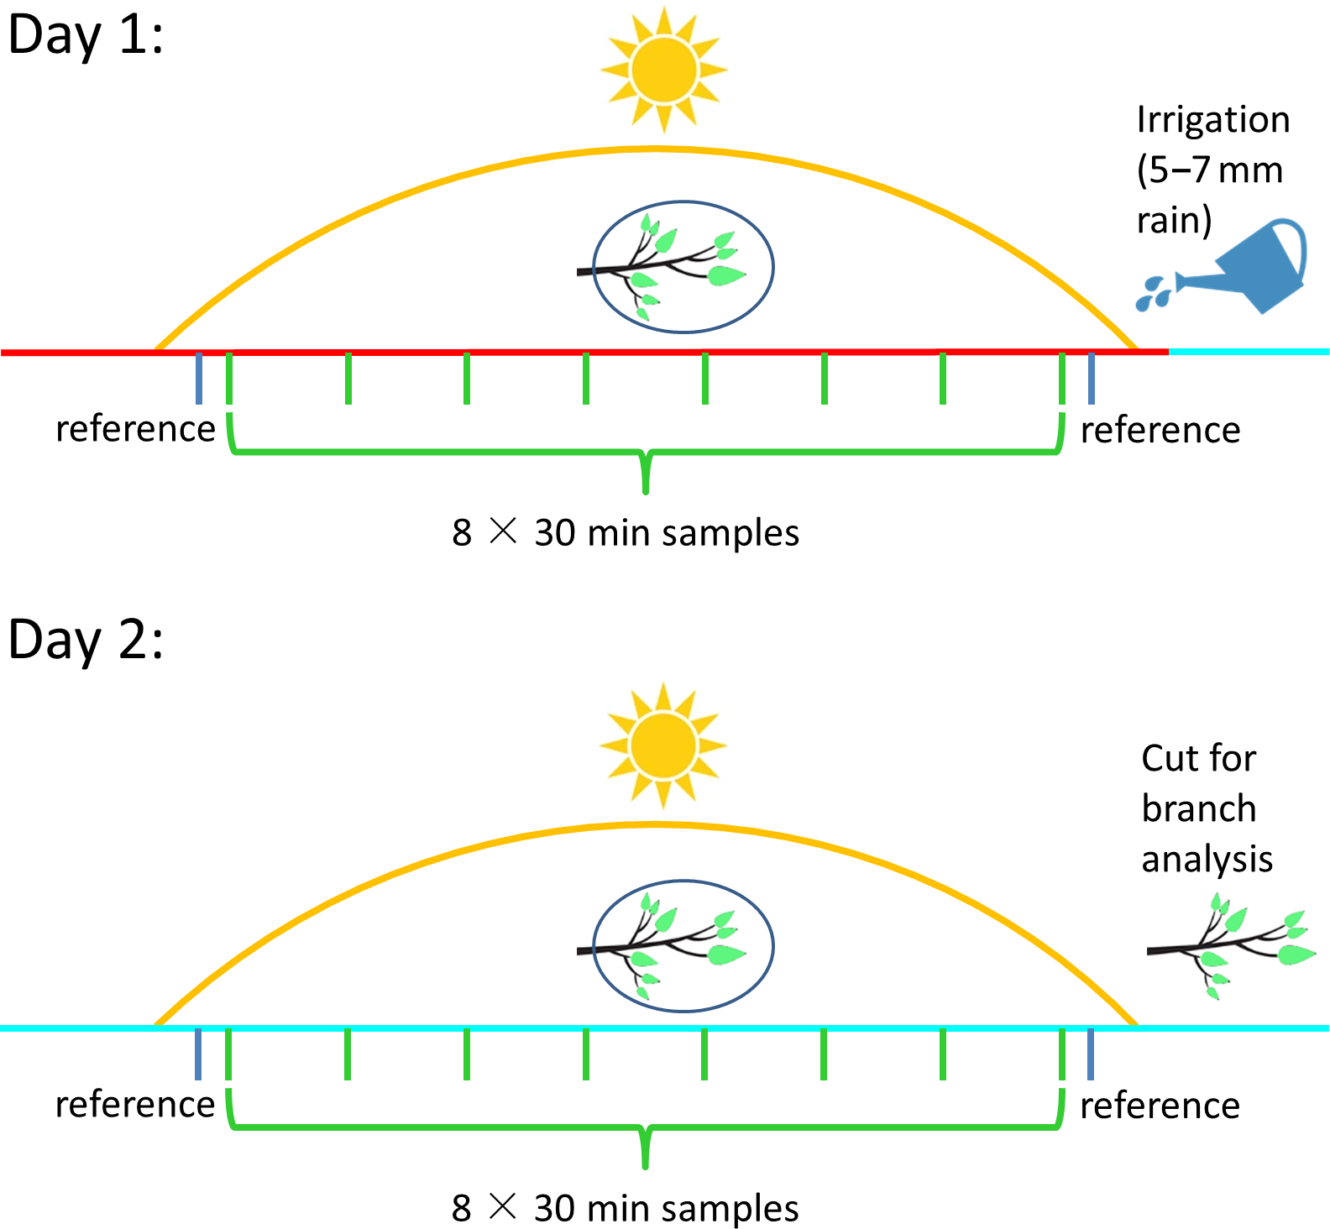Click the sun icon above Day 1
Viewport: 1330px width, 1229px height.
663,70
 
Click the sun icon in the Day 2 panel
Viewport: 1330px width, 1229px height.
663,745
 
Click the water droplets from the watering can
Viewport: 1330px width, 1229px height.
1153,293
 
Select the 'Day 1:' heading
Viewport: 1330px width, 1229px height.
86,36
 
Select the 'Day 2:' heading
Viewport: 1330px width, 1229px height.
86,641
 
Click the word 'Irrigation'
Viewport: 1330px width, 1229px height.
1212,120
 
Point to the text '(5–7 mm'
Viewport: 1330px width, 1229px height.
1209,170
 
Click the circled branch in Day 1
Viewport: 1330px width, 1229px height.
683,267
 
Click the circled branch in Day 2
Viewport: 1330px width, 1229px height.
683,946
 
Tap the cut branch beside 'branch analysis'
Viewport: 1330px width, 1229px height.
1230,946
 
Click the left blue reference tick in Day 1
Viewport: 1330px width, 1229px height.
199,378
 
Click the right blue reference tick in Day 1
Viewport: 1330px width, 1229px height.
1091,378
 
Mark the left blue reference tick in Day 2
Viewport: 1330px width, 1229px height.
198,1054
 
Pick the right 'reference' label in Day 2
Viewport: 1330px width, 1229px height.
1160,1106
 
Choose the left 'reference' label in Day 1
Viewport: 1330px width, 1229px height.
135,429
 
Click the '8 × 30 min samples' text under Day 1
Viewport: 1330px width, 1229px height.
626,533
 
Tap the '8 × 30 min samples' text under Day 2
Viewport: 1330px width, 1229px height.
626,1209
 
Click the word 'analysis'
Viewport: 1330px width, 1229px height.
1207,860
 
